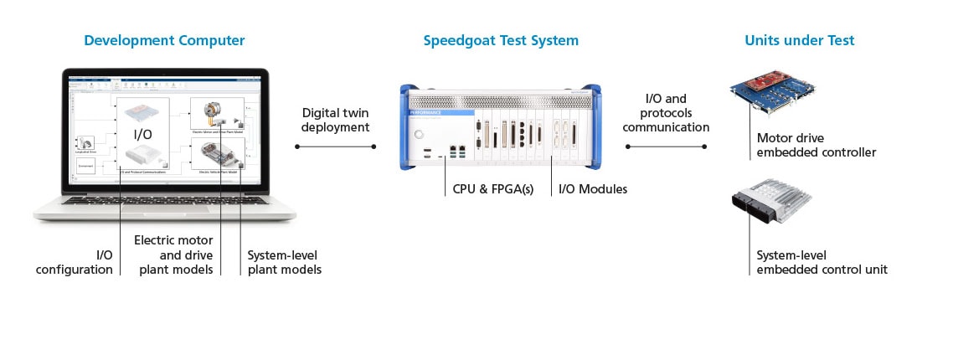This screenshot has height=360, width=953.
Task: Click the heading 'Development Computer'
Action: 164,40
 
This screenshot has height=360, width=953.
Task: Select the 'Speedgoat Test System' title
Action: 501,40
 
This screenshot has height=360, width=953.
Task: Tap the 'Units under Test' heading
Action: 800,40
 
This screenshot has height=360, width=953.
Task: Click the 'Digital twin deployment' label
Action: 335,120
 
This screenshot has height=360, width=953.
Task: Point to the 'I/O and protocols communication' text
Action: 667,113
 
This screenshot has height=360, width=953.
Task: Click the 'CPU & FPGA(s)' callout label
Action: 481,189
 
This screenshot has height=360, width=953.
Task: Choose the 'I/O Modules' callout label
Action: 593,189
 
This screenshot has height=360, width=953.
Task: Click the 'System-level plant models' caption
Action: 284,262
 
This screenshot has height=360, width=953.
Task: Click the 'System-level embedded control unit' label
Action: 822,262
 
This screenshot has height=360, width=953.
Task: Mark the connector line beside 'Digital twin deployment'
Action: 335,147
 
